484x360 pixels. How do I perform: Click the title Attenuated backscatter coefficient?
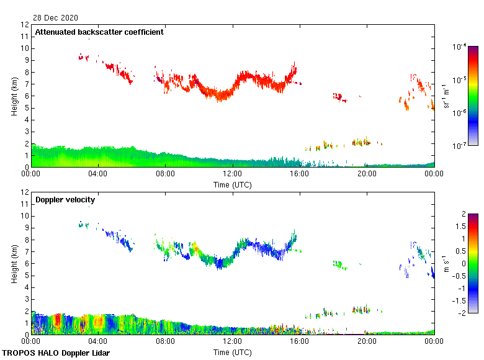99,32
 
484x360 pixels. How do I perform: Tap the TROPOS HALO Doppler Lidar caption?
56,353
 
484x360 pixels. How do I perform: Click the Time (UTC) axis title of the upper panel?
232,184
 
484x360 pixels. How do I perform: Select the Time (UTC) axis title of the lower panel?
232,352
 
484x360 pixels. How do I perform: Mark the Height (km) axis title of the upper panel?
14,96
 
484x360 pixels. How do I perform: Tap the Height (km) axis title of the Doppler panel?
14,263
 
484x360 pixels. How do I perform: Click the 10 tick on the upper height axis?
24,48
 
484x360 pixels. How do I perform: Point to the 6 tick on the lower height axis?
26,263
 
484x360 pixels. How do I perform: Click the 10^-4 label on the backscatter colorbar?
460,47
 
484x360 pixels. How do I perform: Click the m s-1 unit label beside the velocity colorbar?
447,263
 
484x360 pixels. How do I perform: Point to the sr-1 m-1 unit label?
447,96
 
